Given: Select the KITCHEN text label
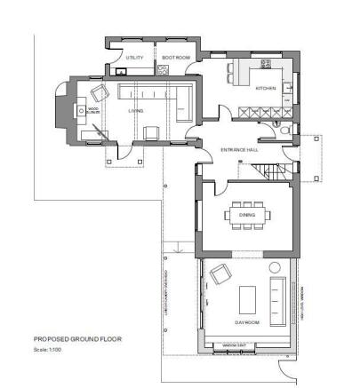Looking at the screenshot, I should coord(265,89).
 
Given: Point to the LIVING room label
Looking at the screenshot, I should coord(135,111).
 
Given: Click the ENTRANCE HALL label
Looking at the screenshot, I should coord(239,150).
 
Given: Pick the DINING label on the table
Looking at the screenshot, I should coord(247,214).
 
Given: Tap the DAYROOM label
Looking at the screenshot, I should coord(247,322).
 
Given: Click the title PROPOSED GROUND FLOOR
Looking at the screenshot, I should coord(77,338).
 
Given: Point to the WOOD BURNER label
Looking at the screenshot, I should coord(92,112).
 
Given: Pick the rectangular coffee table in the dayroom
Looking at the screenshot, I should coord(247,295).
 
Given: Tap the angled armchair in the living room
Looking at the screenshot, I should coord(100,92).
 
